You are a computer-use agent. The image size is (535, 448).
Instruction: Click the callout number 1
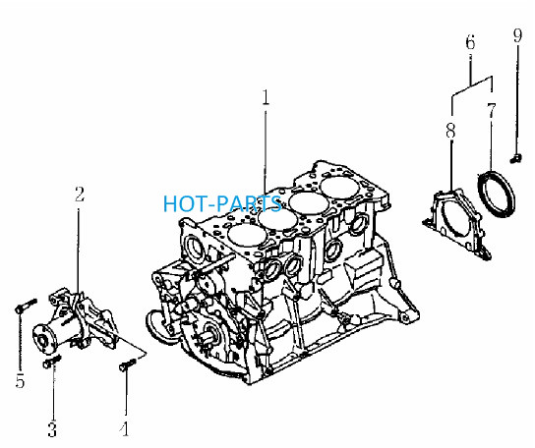click(266, 97)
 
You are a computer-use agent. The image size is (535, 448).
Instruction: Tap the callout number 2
click(80, 194)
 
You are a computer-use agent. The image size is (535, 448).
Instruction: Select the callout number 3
click(52, 429)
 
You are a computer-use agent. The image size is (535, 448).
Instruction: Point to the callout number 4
click(125, 429)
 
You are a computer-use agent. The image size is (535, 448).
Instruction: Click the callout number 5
click(20, 380)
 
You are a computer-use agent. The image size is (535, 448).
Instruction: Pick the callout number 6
click(470, 43)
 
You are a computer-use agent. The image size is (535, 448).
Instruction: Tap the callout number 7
click(491, 111)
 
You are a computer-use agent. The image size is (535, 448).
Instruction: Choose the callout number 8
click(450, 131)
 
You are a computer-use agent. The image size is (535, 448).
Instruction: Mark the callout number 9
click(517, 35)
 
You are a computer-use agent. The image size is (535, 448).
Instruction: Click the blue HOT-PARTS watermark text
click(222, 203)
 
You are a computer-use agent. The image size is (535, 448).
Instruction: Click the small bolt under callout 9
click(516, 158)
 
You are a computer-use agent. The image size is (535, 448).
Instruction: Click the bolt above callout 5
click(26, 306)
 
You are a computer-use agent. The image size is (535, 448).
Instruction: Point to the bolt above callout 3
click(51, 362)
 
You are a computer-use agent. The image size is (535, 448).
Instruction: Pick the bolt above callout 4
click(127, 364)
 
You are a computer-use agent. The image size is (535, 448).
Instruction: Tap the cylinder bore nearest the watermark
click(277, 220)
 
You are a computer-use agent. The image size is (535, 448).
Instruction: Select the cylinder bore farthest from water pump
click(340, 188)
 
